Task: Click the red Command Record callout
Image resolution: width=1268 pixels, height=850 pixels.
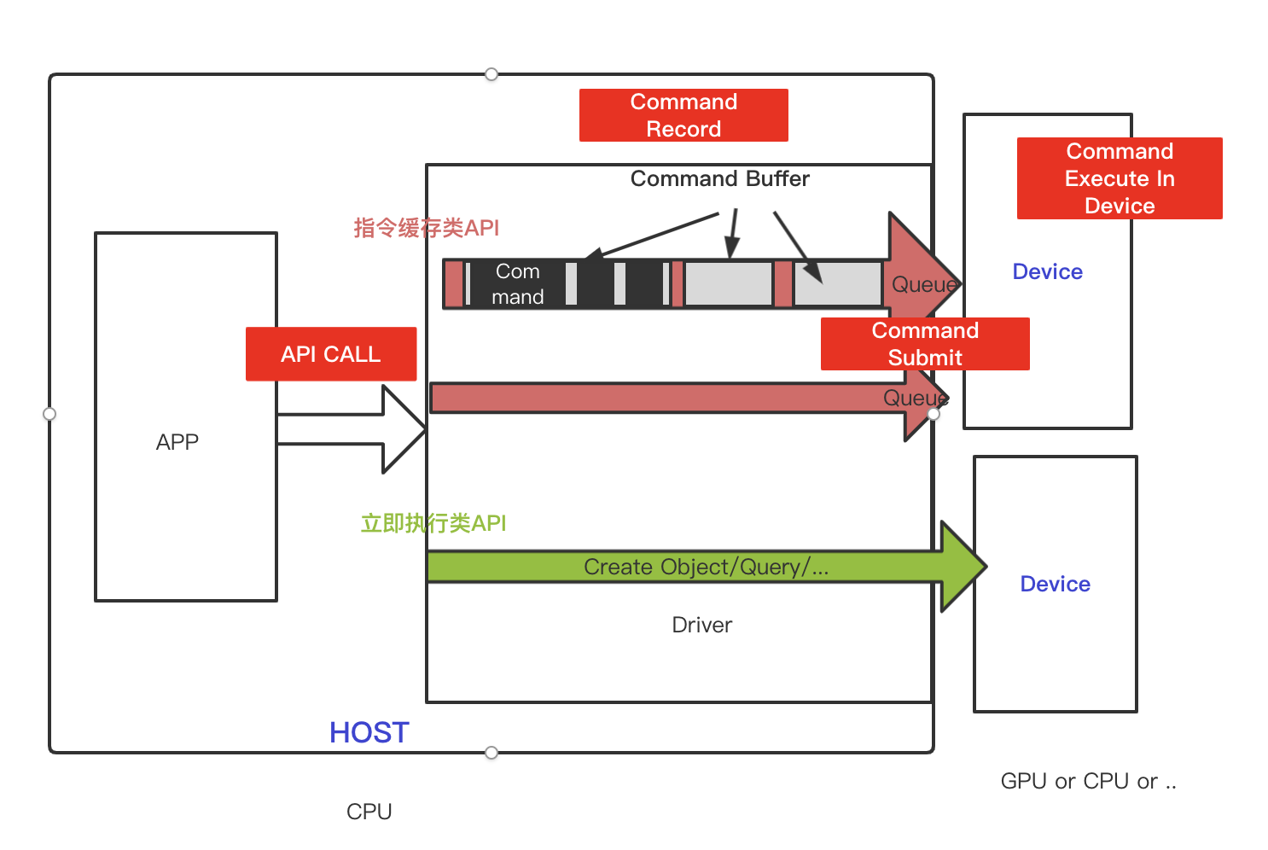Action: click(683, 115)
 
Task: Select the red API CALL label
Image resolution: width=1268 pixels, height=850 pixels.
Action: click(331, 354)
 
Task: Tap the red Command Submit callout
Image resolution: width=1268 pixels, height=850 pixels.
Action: click(925, 344)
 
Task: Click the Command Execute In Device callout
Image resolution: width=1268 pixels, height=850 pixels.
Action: click(1120, 178)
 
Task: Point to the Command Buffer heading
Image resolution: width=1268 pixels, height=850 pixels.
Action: click(720, 178)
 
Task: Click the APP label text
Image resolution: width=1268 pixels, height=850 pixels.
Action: click(177, 442)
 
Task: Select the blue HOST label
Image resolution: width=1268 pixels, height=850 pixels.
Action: click(369, 732)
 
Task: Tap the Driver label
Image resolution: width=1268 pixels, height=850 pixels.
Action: click(702, 625)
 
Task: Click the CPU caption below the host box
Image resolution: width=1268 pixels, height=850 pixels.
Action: click(369, 812)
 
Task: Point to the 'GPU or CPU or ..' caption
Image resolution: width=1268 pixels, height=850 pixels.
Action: click(1088, 781)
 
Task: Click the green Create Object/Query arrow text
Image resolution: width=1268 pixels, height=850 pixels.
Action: click(706, 567)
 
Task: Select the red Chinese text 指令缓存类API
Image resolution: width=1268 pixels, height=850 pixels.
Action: click(427, 228)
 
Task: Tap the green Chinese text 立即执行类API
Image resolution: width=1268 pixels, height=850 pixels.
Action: click(433, 522)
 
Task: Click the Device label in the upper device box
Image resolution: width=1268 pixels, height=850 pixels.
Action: click(1047, 272)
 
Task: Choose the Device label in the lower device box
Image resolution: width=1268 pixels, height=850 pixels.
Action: click(1056, 584)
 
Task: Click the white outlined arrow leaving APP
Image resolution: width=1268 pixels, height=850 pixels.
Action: click(351, 429)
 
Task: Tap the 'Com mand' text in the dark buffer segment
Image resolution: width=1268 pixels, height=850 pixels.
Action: click(517, 283)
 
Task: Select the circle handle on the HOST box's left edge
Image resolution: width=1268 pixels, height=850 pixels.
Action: click(49, 414)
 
